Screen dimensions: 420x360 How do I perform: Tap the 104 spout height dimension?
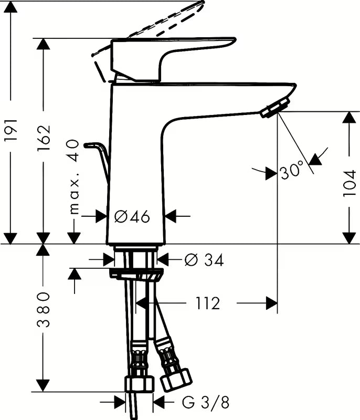tap(349, 183)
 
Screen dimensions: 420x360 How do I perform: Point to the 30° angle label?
tap(291, 172)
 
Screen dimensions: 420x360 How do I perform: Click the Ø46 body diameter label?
tap(132, 216)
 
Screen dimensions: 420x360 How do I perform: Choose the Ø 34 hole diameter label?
tap(204, 259)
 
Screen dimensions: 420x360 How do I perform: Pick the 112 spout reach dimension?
tap(207, 303)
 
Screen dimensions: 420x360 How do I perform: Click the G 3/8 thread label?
tap(206, 403)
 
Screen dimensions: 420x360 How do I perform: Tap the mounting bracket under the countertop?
tap(135, 274)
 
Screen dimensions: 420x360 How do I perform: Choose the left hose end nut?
tap(139, 383)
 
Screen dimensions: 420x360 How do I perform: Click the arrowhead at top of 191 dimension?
tap(10, 6)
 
